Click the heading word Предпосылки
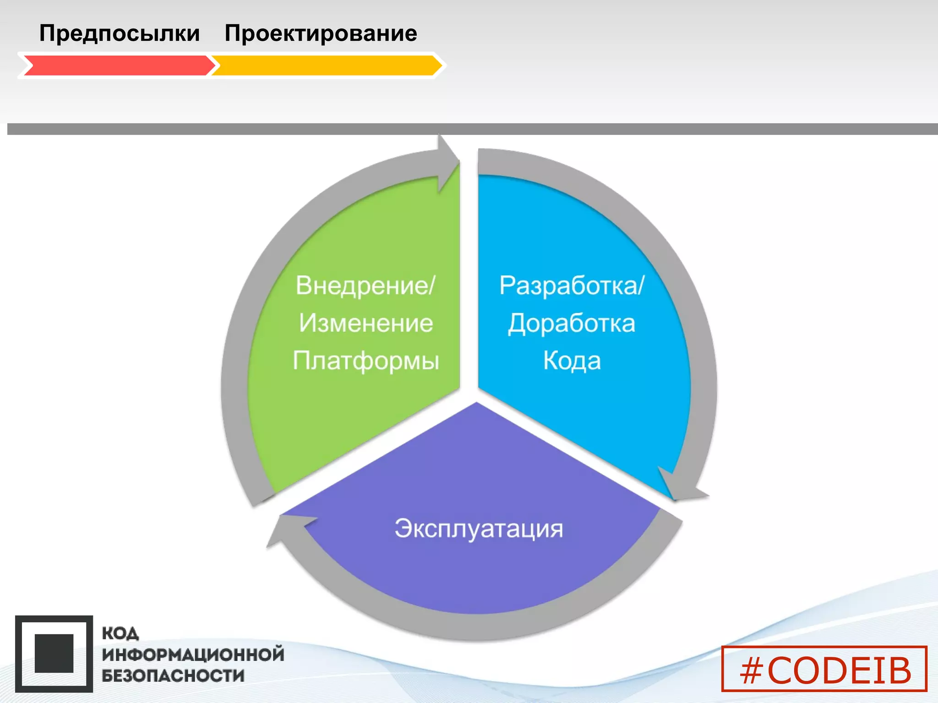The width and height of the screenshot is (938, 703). (119, 33)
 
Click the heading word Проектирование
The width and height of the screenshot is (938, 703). (321, 33)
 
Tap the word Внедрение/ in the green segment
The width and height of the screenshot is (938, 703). (365, 286)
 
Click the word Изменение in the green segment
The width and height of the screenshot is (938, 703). (366, 323)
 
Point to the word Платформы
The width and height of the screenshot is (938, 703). (366, 361)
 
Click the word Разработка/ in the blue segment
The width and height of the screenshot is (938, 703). (572, 286)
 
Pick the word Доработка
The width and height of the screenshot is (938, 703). (572, 323)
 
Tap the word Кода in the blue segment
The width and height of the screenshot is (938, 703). (572, 361)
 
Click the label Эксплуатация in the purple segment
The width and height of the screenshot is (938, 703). (479, 529)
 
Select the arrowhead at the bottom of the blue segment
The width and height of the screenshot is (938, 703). (682, 488)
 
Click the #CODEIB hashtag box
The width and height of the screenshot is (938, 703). (824, 669)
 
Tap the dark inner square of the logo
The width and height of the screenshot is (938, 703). (54, 654)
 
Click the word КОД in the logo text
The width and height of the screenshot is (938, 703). (120, 633)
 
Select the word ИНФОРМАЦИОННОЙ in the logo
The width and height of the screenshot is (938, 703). (193, 654)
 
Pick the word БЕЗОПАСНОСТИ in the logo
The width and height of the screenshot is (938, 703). (173, 676)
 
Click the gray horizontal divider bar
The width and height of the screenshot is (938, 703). (472, 129)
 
